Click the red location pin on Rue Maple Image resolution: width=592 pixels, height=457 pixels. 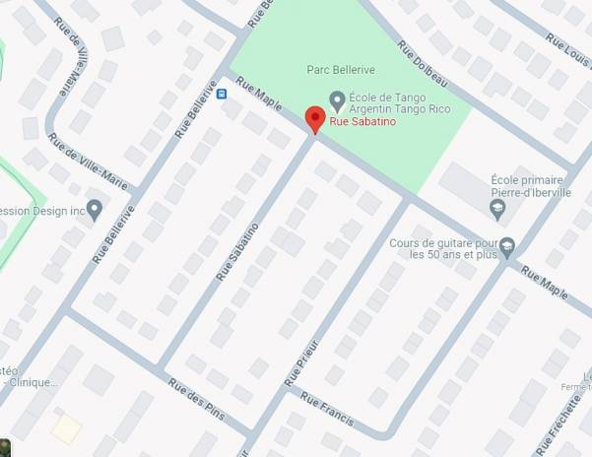(x=315, y=118)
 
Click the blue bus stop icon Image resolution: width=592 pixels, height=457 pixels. (x=222, y=95)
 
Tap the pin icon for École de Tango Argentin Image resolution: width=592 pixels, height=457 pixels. (x=337, y=98)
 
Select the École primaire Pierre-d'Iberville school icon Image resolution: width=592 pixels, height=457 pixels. (x=499, y=209)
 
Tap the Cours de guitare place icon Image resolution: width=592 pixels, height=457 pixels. (x=507, y=245)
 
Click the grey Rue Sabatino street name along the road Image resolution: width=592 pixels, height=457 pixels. (x=237, y=251)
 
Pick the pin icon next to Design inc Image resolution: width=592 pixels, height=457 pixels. (x=95, y=209)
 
